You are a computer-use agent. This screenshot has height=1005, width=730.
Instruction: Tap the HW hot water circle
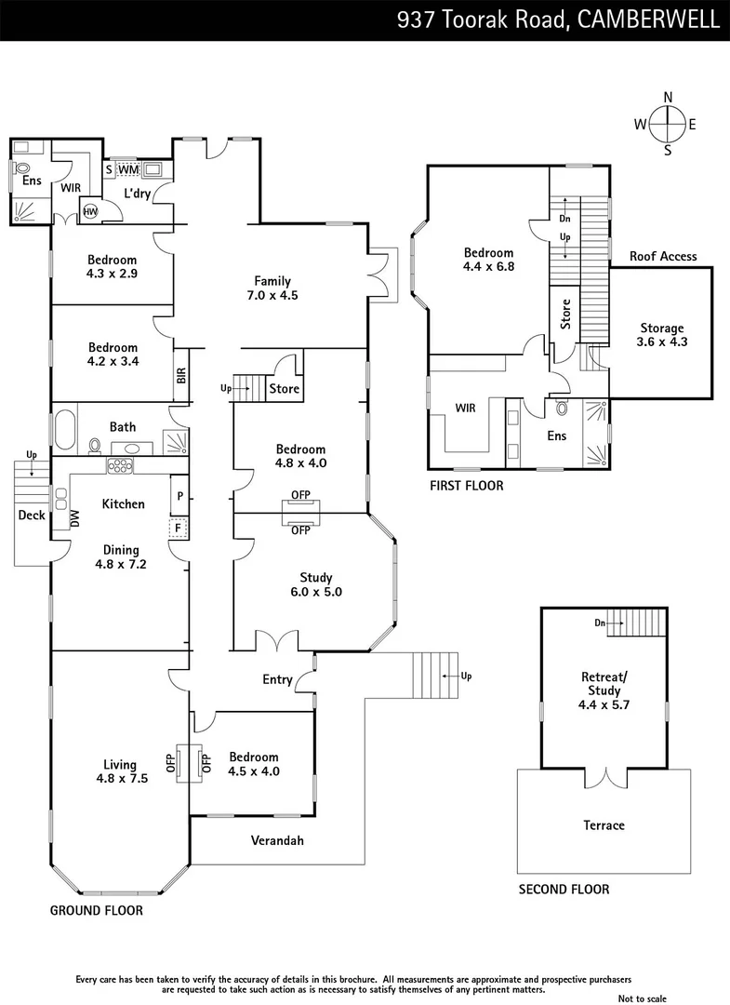point(90,212)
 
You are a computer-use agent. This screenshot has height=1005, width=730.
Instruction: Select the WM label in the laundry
point(128,169)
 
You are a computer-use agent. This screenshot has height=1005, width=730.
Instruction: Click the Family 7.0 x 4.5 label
point(273,288)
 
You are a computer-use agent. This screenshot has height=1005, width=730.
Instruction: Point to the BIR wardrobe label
point(180,375)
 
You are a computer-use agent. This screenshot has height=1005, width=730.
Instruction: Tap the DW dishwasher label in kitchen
point(75,520)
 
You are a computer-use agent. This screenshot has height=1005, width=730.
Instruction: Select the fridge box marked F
point(175,529)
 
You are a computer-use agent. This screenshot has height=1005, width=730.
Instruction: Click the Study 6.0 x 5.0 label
point(315,584)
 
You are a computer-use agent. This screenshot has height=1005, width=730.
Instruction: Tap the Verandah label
point(277,840)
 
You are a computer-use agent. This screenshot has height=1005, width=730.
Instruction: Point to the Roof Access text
point(662,257)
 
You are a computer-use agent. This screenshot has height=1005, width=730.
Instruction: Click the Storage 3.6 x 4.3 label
point(661,334)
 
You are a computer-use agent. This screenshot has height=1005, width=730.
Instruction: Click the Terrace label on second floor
point(604,825)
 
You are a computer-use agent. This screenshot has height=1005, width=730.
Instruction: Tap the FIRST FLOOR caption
point(466,485)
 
